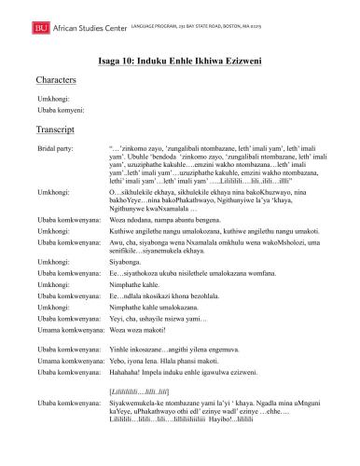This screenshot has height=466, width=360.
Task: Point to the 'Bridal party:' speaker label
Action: (x=55, y=148)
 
